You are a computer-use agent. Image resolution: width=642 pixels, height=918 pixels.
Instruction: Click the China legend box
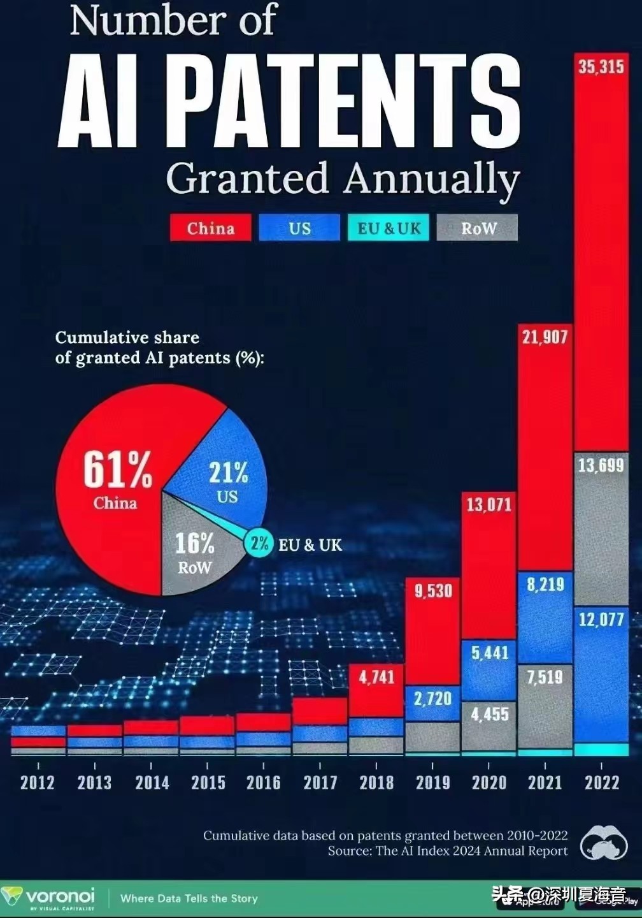210,228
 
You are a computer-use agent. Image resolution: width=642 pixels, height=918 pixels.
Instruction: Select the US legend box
299,228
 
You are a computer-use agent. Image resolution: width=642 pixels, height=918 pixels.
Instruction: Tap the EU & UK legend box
389,228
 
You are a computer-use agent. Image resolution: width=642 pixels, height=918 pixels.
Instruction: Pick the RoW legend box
478,228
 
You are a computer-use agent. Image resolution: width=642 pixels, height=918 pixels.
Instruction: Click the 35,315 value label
601,66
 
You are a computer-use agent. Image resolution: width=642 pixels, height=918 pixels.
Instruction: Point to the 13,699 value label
601,465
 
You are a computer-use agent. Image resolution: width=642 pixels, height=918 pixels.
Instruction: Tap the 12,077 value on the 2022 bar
601,619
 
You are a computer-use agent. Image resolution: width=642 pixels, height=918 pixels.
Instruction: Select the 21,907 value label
545,337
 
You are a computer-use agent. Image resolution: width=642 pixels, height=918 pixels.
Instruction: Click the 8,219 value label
545,584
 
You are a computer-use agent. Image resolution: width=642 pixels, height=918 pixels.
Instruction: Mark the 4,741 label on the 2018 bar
376,677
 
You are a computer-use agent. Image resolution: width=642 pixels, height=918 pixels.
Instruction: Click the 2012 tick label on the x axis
38,782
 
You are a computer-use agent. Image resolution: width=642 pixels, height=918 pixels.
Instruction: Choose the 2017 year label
320,782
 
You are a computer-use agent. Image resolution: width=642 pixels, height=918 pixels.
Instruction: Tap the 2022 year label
601,782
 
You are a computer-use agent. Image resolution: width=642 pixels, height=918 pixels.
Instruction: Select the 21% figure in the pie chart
228,473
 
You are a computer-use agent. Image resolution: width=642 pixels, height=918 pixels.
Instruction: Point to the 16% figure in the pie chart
194,544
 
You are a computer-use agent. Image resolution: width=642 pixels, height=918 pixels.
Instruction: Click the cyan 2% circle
259,543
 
